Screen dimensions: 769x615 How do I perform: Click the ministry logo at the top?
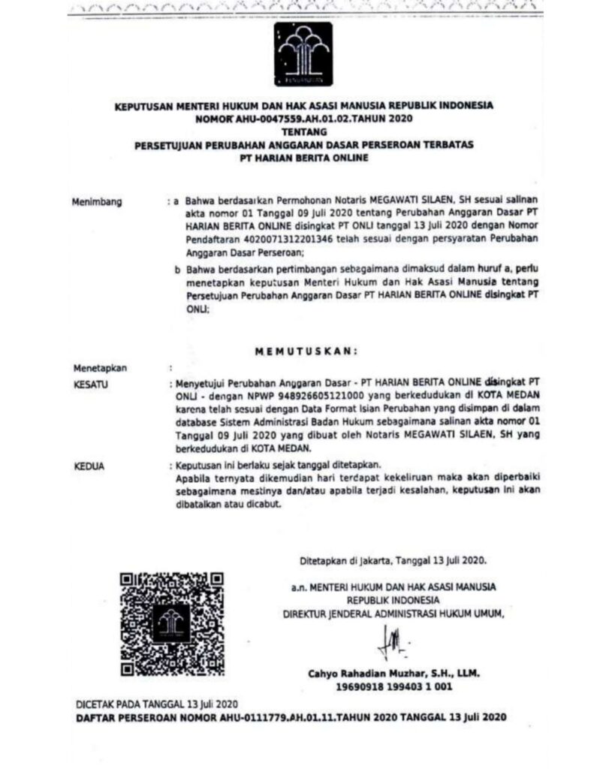(x=303, y=53)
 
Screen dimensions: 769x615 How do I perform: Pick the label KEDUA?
(x=90, y=466)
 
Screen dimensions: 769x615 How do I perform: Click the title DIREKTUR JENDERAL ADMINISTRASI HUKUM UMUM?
(x=389, y=613)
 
